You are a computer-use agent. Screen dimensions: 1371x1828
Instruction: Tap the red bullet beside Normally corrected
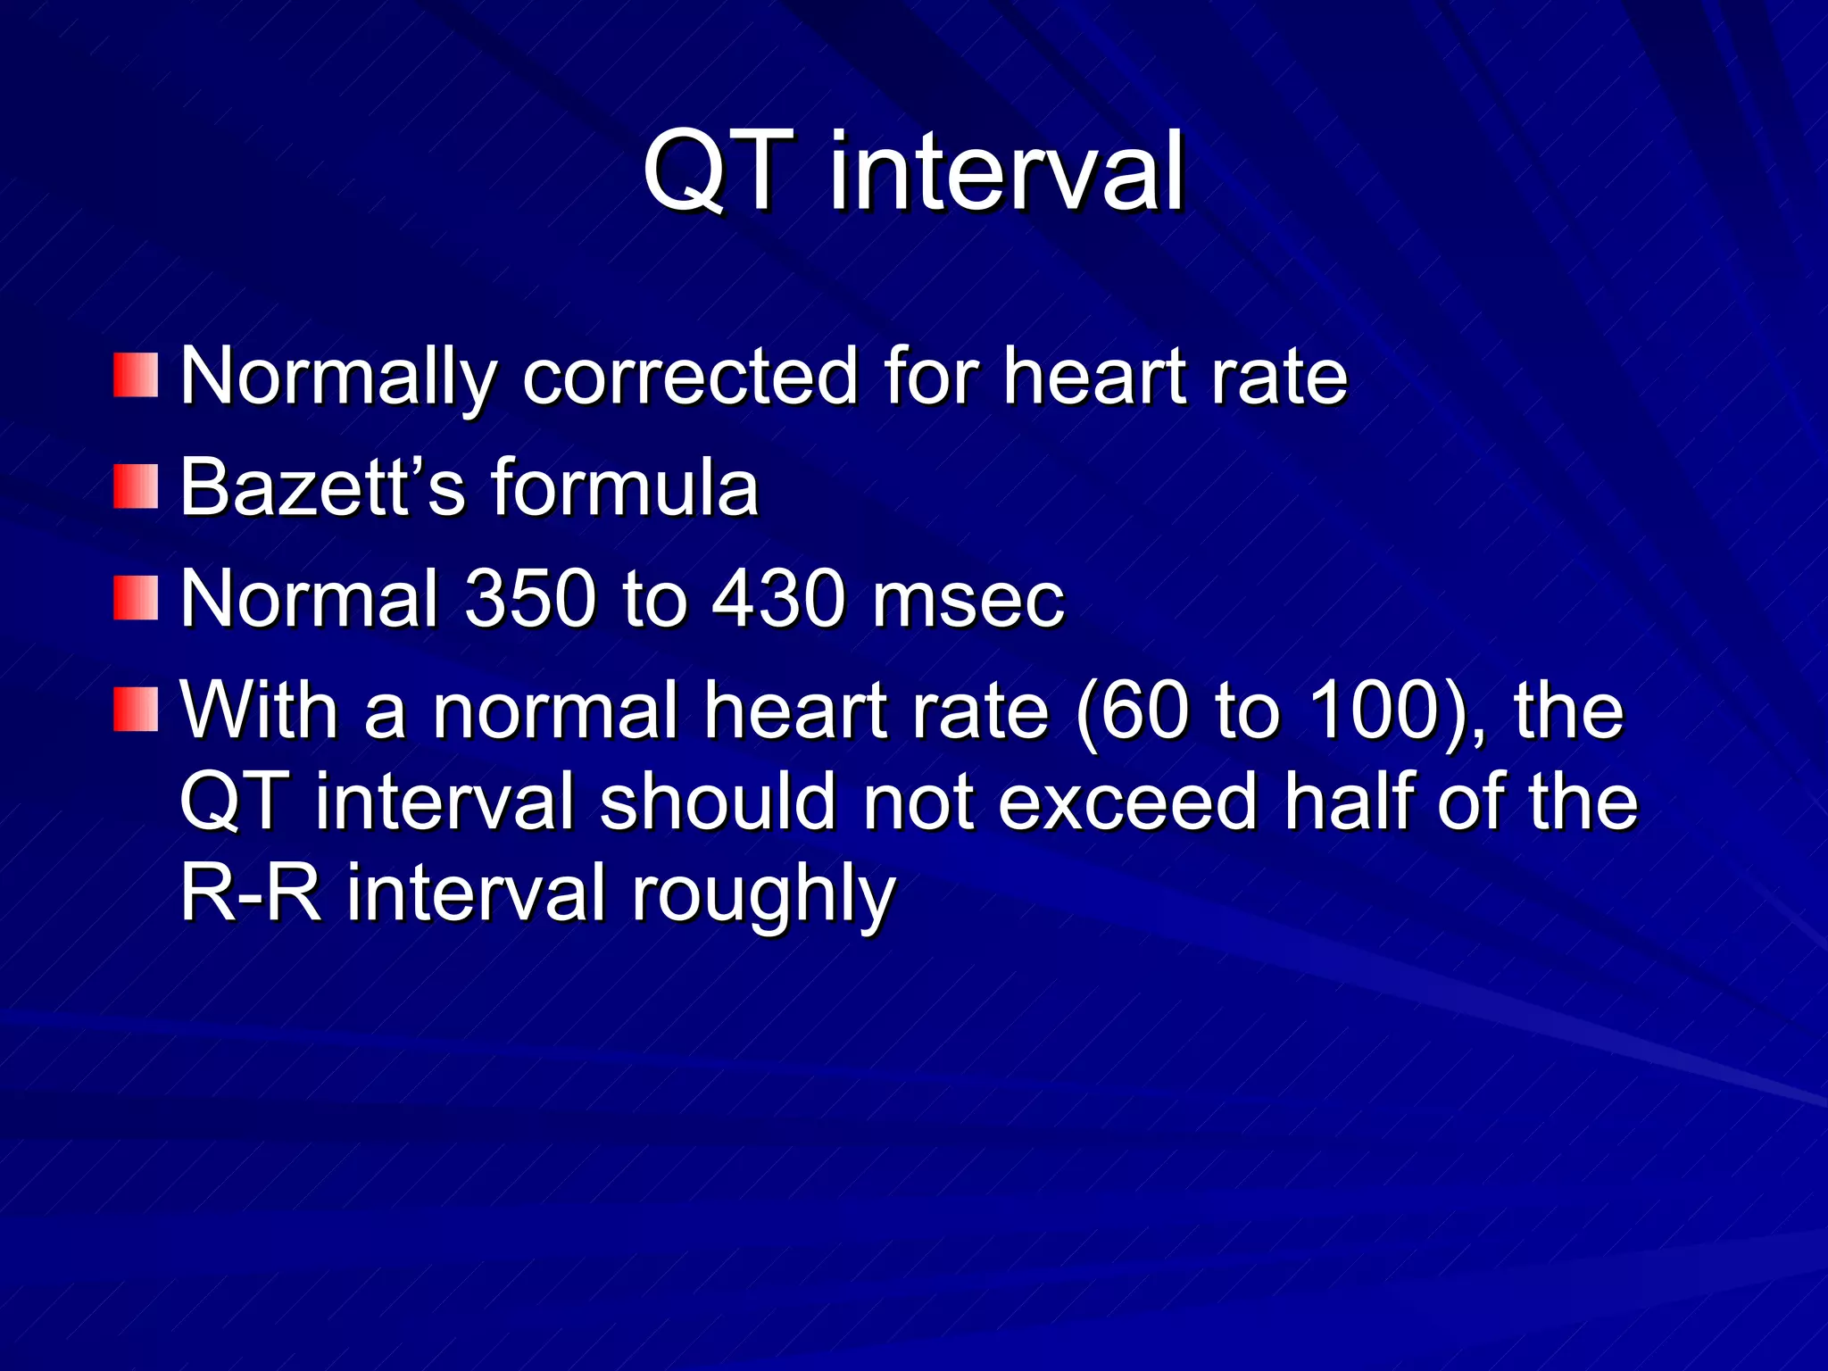tap(136, 375)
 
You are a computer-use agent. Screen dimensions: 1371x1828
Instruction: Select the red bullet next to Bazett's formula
tap(136, 487)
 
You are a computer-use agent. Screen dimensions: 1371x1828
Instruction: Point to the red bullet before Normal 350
tap(136, 598)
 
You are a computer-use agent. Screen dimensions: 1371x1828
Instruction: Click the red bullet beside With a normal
tap(136, 710)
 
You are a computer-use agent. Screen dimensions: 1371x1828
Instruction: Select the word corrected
tap(691, 377)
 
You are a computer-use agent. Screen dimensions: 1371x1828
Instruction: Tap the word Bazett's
tap(322, 487)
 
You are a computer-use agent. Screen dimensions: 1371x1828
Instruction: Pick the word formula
tap(625, 487)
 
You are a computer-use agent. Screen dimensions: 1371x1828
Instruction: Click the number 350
tap(530, 598)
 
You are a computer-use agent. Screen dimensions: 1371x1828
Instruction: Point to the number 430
tap(778, 598)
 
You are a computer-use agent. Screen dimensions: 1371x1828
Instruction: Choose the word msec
tap(968, 598)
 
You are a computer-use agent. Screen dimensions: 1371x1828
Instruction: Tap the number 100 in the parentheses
tap(1370, 710)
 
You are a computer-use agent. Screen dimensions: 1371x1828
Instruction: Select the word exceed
tap(1127, 802)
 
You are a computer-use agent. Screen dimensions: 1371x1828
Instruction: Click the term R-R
tap(251, 893)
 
